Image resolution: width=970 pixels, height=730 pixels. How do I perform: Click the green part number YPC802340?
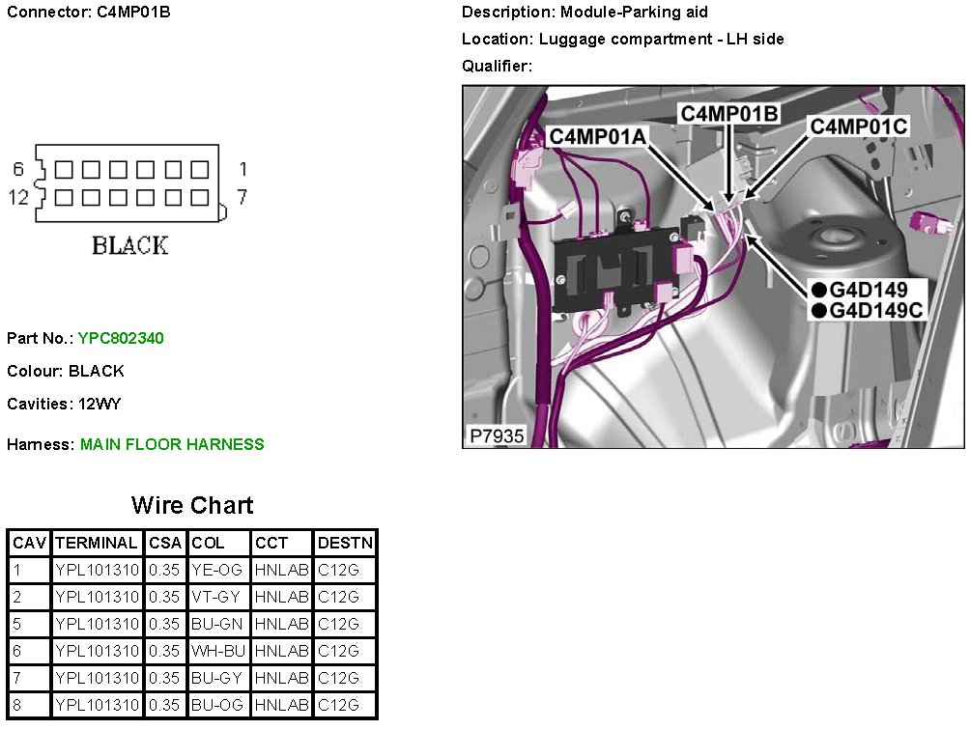click(123, 338)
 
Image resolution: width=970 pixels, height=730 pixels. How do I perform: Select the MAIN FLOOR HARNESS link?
click(172, 444)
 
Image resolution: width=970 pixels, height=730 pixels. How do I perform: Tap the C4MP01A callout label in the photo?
click(597, 137)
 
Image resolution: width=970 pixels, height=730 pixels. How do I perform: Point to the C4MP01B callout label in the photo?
click(729, 113)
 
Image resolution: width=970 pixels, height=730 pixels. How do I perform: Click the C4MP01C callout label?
click(857, 126)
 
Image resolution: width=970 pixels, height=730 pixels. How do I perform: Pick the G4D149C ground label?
click(877, 309)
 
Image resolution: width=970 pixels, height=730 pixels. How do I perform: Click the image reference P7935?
click(497, 436)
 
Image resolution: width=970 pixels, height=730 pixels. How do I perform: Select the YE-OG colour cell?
click(217, 570)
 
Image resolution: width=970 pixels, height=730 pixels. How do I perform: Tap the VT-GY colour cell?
click(217, 597)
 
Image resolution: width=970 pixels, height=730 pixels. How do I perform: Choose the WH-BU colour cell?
click(218, 651)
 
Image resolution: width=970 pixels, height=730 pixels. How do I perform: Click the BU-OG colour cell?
click(217, 705)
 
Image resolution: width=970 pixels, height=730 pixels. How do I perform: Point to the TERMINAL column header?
click(97, 543)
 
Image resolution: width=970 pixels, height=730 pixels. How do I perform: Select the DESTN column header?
click(345, 543)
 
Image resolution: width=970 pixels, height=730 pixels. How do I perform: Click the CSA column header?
click(164, 543)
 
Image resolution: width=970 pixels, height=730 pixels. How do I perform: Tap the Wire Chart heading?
click(192, 505)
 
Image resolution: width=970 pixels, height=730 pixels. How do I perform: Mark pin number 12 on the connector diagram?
click(18, 197)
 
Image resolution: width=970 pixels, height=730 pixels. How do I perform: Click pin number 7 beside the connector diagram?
click(242, 197)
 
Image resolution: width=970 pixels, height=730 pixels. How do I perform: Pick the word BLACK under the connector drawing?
click(129, 245)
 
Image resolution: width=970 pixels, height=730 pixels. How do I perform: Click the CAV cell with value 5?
click(17, 624)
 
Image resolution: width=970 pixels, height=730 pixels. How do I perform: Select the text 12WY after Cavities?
click(100, 404)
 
